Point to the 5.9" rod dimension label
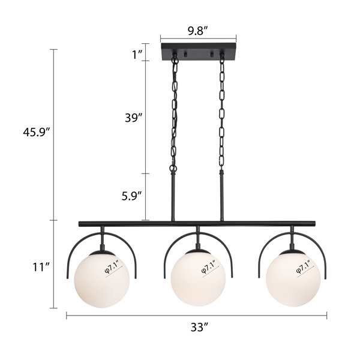[130, 195]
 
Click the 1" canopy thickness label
[137, 55]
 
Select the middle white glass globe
[196, 276]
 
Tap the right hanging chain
[221, 114]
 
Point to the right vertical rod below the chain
[221, 195]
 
